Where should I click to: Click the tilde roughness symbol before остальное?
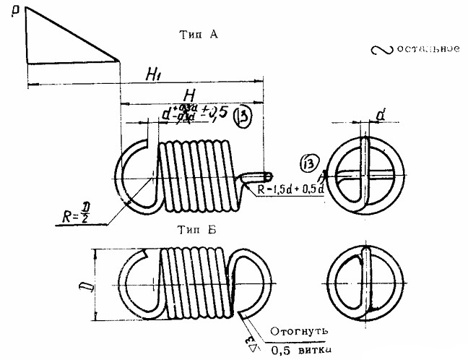click(381, 51)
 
